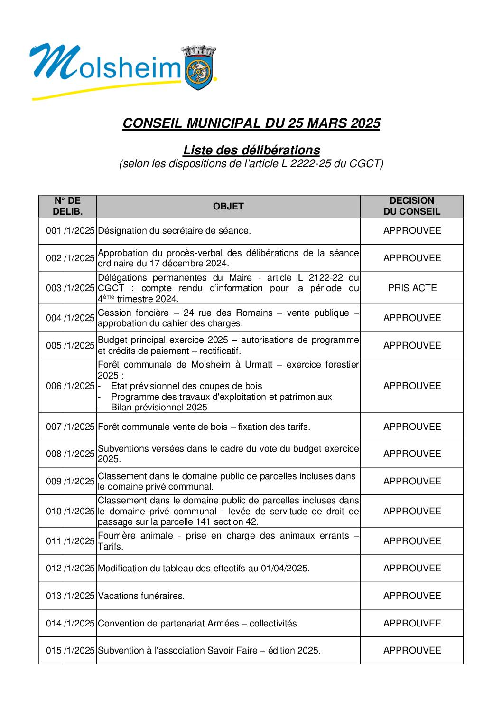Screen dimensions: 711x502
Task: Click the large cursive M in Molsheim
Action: coord(55,62)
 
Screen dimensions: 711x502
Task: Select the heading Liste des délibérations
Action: coord(251,150)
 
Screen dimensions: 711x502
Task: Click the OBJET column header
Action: coord(228,206)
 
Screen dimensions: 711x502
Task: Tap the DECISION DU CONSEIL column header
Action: coord(411,206)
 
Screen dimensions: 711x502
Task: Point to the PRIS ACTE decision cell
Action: coord(412,288)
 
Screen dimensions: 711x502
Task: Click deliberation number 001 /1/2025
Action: coord(70,231)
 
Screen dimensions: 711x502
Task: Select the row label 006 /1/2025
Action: coord(70,386)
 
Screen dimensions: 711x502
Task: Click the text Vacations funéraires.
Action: coord(141,596)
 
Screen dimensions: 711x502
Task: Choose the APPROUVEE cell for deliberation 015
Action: coord(412,650)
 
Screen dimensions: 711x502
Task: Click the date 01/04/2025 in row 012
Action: coord(284,569)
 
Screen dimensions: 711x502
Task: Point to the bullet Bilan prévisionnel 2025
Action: coord(159,407)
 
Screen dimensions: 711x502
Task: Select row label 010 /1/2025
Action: coord(70,511)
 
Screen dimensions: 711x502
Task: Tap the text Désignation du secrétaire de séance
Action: coord(174,231)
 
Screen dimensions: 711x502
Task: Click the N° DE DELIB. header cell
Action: coord(67,206)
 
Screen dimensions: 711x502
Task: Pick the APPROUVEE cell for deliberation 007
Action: coord(412,427)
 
